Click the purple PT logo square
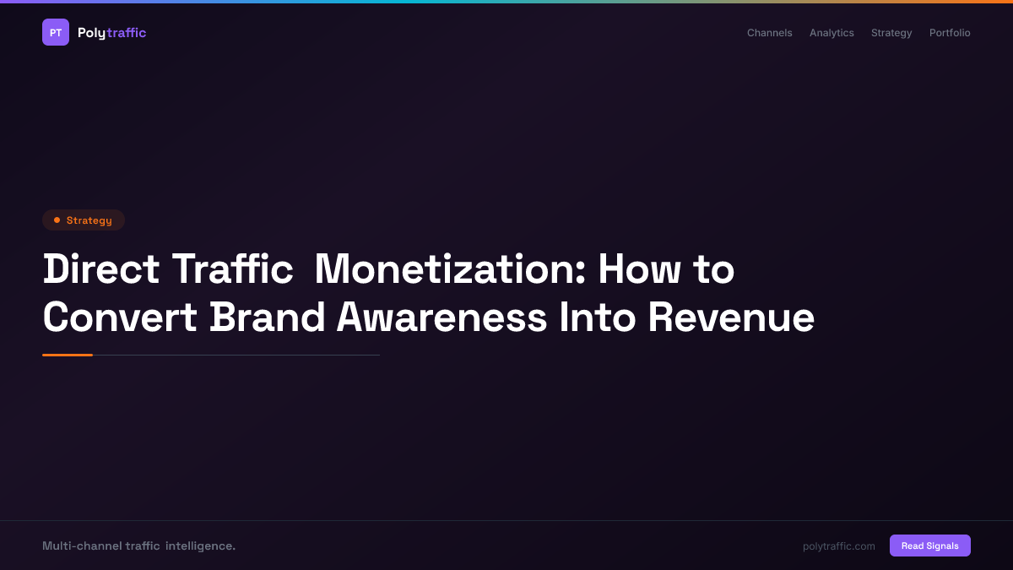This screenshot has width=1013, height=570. (56, 32)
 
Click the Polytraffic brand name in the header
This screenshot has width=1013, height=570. (111, 33)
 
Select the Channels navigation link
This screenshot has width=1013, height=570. (769, 33)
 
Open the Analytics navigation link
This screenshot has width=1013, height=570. (832, 33)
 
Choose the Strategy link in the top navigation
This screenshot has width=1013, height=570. (891, 33)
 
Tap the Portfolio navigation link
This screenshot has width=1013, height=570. (950, 33)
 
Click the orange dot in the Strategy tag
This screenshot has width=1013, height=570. (57, 220)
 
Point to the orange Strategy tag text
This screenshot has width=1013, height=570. (89, 220)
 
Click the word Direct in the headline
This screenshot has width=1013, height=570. (101, 269)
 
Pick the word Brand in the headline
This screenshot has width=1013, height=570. (268, 318)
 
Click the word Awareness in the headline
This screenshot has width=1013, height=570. (441, 318)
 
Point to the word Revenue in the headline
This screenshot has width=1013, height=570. (731, 318)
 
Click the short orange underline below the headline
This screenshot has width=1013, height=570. (68, 355)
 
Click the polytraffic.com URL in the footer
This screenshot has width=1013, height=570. (839, 546)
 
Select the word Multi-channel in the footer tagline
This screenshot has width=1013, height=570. (81, 546)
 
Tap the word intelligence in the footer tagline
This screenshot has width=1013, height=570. (200, 546)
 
